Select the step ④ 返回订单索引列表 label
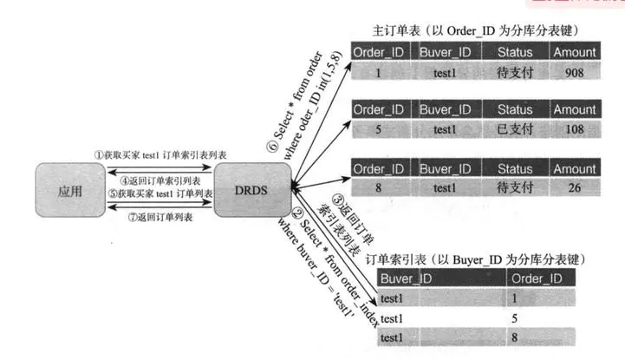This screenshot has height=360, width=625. (156, 180)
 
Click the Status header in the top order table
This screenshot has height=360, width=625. (515, 52)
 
